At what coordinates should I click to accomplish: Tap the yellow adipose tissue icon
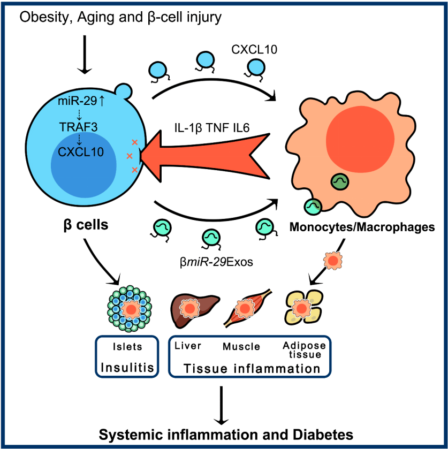[302, 309]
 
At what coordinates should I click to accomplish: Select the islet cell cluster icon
[130, 309]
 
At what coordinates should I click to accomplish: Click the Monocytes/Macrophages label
[361, 227]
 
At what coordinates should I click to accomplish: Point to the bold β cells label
[83, 225]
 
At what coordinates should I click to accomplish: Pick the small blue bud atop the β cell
[124, 92]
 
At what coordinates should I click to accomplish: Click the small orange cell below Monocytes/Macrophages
[332, 260]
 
